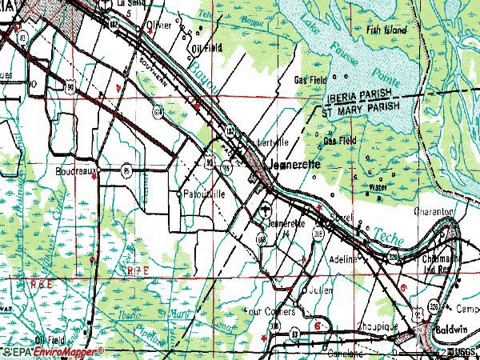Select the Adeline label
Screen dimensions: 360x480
click(345, 261)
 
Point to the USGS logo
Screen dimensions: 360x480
click(461, 353)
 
